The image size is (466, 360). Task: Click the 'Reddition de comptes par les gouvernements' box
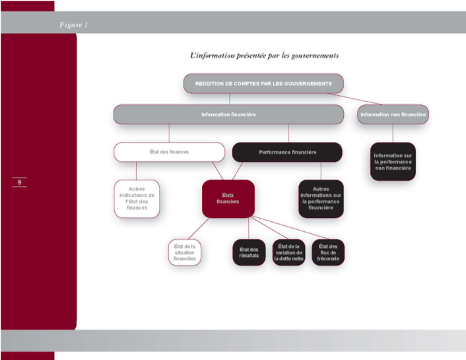point(263,83)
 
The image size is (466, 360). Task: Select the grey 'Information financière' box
point(228,114)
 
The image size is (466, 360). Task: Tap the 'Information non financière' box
point(393,114)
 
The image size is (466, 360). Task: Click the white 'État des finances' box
point(169,152)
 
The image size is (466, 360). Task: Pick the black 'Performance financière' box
point(287,152)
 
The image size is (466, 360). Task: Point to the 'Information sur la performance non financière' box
point(393,161)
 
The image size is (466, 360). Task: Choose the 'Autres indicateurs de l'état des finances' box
point(137,198)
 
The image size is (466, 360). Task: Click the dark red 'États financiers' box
point(228,198)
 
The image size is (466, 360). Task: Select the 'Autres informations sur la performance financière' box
point(321,198)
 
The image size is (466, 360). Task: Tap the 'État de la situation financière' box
point(184,253)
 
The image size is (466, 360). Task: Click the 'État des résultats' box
point(248,253)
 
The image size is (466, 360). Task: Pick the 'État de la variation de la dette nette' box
point(288,253)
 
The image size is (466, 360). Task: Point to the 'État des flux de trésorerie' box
point(328,253)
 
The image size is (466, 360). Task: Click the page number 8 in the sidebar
point(19,182)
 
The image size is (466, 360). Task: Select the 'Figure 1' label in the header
point(73,25)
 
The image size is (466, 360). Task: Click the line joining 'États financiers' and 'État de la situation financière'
point(201,228)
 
